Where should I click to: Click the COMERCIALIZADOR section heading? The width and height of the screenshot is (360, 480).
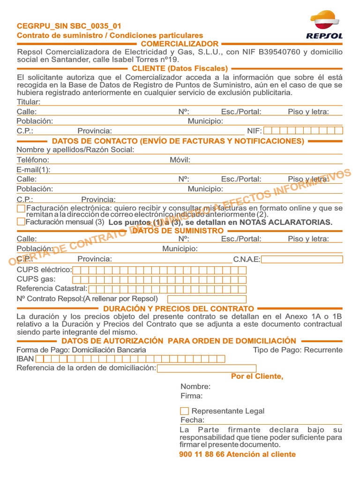click(180, 44)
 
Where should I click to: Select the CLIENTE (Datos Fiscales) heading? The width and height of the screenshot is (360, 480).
click(180, 68)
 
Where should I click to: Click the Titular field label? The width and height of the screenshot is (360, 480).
click(29, 102)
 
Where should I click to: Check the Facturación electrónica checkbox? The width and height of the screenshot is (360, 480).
click(21, 208)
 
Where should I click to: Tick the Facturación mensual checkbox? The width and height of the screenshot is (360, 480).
click(21, 222)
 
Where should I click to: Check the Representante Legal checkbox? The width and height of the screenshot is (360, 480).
click(185, 411)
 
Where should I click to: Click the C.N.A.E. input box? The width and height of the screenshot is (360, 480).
click(302, 259)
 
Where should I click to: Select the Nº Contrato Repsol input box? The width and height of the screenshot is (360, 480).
click(207, 299)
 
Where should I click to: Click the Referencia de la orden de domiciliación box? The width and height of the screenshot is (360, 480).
click(207, 368)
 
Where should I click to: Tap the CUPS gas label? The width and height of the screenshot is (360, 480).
click(36, 279)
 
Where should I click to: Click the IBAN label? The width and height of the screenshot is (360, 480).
click(25, 359)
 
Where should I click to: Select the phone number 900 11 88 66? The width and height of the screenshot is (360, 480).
click(202, 454)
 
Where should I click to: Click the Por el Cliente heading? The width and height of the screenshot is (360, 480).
click(257, 376)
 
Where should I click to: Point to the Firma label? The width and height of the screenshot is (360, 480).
click(191, 396)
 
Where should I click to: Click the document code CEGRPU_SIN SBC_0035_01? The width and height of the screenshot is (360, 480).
click(69, 26)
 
